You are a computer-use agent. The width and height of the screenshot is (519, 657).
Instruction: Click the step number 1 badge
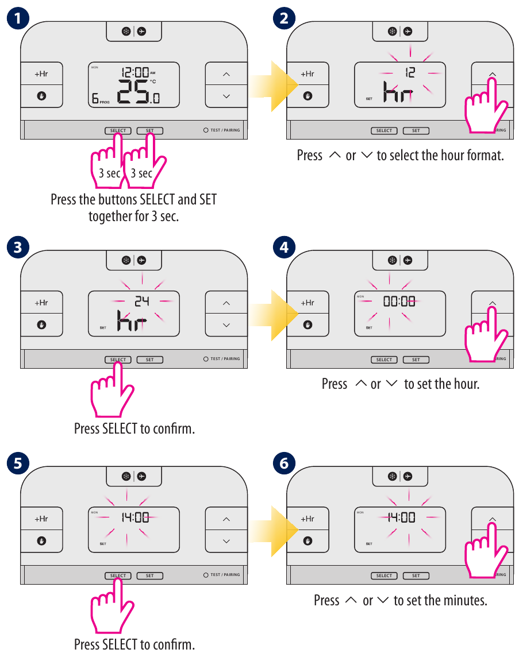[x=18, y=18]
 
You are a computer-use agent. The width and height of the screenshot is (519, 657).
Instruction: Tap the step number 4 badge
[x=284, y=247]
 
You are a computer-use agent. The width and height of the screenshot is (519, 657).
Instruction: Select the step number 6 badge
[x=284, y=463]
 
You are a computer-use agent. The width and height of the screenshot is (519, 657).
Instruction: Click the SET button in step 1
[x=149, y=131]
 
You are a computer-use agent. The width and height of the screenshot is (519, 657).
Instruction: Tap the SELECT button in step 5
[x=118, y=575]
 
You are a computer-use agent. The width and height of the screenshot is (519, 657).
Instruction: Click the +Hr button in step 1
[x=41, y=74]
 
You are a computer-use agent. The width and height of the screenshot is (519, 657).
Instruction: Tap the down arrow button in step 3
[x=226, y=325]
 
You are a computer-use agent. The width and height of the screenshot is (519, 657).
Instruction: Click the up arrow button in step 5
[x=226, y=519]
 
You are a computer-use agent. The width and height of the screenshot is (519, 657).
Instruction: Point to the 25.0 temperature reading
[x=139, y=92]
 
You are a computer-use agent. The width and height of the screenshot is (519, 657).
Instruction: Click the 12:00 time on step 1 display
[x=135, y=72]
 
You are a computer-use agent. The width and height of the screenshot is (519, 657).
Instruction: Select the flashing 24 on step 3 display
[x=142, y=302]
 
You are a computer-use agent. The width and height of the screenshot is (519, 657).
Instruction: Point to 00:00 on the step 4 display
[x=399, y=302]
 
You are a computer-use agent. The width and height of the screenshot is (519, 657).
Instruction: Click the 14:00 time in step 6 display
[x=401, y=517]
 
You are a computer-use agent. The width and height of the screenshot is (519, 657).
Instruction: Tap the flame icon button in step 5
[x=41, y=541]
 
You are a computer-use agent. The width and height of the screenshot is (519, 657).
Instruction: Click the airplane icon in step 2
[x=408, y=32]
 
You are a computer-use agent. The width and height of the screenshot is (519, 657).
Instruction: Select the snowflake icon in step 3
[x=126, y=260]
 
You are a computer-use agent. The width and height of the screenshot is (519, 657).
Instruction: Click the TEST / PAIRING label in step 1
[x=225, y=130]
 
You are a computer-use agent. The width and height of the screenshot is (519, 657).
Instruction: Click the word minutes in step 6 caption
[x=466, y=601]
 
